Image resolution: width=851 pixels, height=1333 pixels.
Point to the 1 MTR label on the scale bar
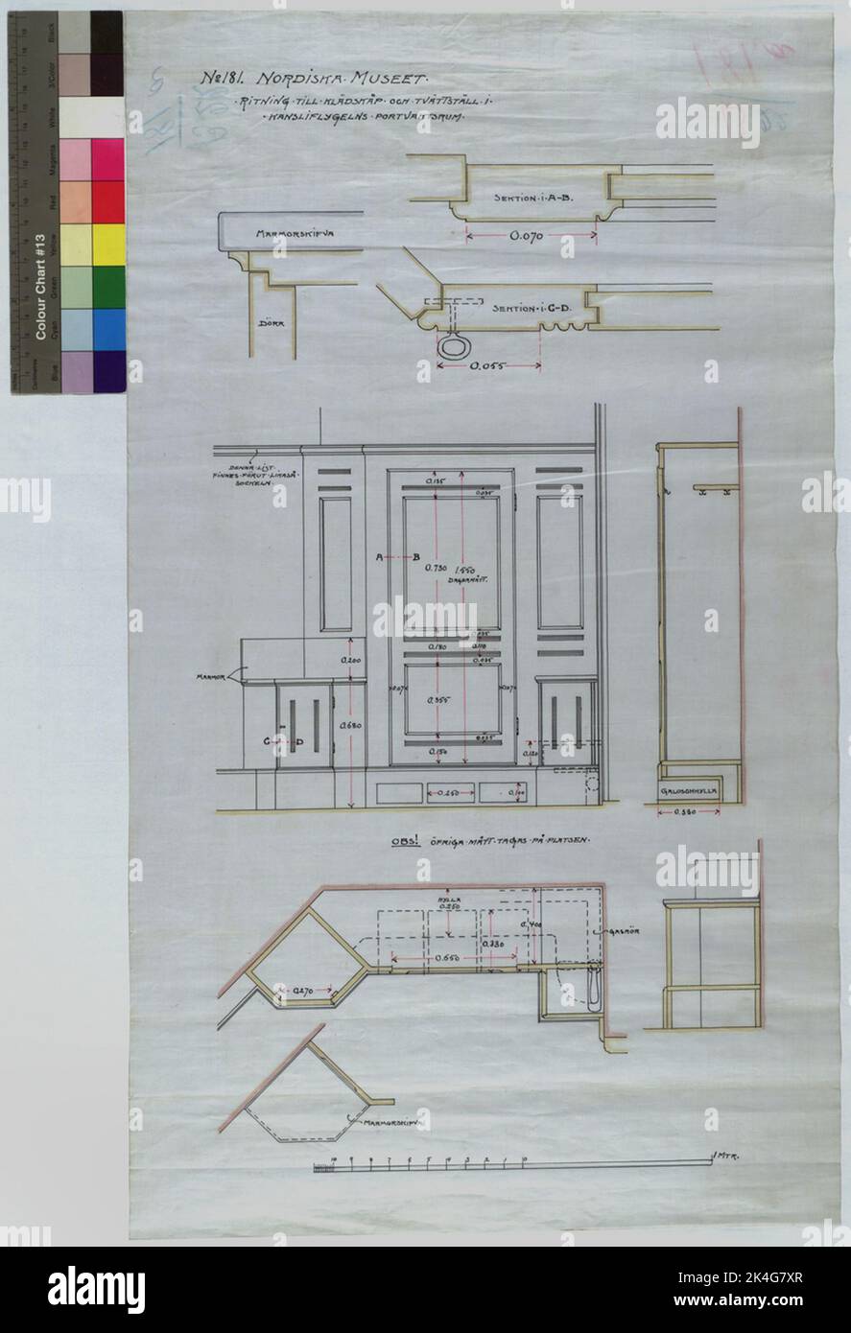point(730,1158)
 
